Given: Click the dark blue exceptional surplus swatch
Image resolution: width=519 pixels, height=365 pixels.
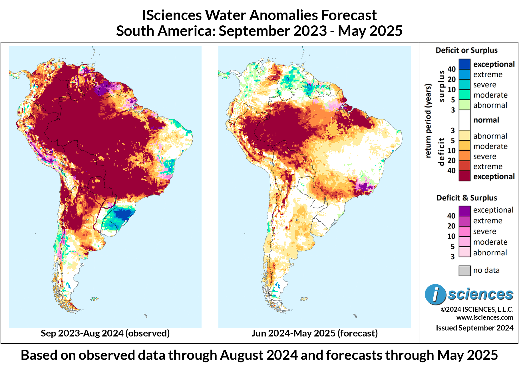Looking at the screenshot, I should (x=464, y=64).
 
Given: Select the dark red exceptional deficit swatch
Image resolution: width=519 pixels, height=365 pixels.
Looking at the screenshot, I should (x=464, y=176).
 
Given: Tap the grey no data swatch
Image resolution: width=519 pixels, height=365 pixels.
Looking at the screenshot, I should (x=464, y=271).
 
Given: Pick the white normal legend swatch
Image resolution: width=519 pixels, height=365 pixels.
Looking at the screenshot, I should (x=464, y=120).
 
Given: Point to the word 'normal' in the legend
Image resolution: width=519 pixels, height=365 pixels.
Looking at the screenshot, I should (x=486, y=120).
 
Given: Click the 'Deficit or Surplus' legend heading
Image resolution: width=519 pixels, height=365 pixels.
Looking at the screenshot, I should (x=466, y=50).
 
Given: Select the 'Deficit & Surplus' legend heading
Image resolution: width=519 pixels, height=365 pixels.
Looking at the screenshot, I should (x=466, y=198).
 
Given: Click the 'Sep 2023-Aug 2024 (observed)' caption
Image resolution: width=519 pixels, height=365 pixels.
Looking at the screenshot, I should (x=105, y=333).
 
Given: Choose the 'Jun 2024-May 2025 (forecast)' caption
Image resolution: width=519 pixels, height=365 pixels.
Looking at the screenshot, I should (x=314, y=333).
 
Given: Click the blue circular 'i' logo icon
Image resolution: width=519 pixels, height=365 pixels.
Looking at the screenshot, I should (x=435, y=295).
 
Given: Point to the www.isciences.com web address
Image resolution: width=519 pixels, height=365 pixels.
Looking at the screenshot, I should (x=484, y=318).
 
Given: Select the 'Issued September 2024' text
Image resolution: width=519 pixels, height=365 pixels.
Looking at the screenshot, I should (x=474, y=328).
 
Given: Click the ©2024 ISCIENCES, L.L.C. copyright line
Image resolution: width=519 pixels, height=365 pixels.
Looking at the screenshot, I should (x=477, y=310).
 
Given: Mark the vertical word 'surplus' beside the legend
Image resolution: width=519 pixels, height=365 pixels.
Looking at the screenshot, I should (x=442, y=86).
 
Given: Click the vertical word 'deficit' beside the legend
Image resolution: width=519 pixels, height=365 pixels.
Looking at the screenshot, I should (x=442, y=152).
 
